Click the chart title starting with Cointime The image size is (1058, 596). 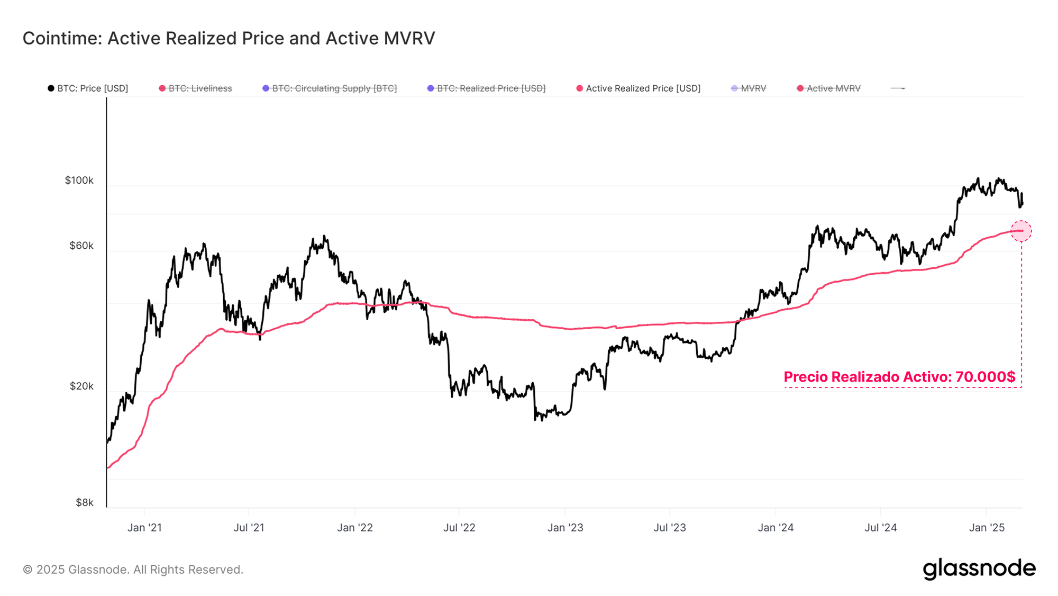click(229, 39)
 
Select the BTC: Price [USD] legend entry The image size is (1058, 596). click(88, 88)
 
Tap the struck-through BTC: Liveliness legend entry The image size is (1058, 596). click(196, 88)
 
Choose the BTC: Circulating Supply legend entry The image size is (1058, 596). click(330, 88)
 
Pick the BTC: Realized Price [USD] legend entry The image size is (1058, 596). click(487, 88)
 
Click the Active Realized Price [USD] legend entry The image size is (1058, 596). click(639, 88)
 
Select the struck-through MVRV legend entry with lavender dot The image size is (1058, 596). click(749, 88)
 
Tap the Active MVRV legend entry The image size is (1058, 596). click(829, 88)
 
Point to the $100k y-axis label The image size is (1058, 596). click(79, 180)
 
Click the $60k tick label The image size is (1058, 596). click(81, 246)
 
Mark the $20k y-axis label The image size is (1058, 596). click(81, 386)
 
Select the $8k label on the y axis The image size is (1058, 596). click(85, 502)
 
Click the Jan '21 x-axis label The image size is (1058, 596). click(144, 528)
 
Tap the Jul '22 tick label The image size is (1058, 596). click(459, 528)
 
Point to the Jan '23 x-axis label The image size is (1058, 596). click(565, 528)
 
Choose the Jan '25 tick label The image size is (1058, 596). click(986, 528)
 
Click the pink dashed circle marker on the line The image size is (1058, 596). click(1021, 231)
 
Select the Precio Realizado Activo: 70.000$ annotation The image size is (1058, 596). click(899, 377)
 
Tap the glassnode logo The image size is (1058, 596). click(979, 569)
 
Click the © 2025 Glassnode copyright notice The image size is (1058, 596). click(133, 570)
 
